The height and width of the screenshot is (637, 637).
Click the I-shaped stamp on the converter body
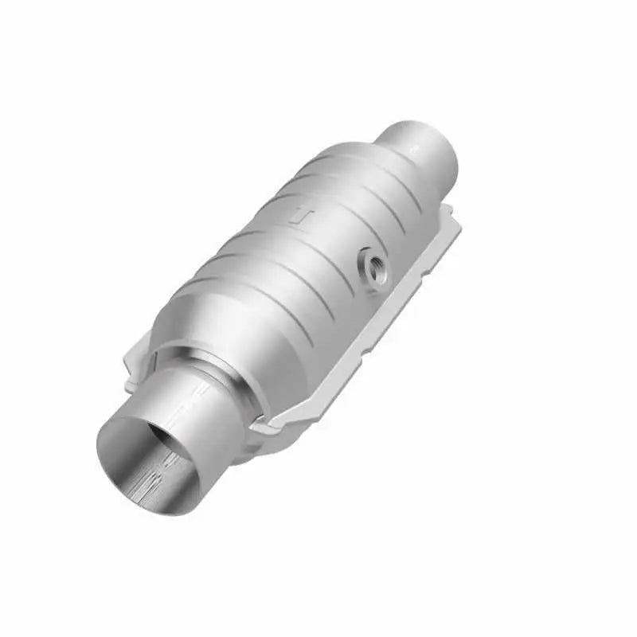point(301,216)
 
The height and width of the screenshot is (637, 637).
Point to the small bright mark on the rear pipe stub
point(414,148)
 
